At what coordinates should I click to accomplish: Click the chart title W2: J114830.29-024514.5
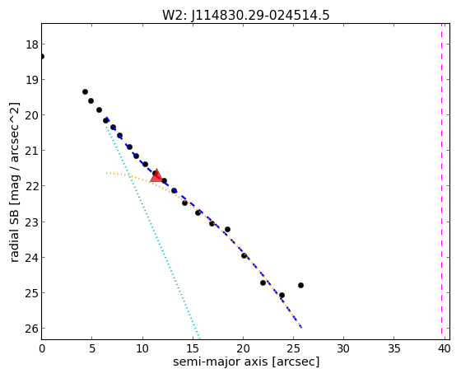pyautogui.click(x=246, y=15)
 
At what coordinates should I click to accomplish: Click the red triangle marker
pyautogui.click(x=156, y=176)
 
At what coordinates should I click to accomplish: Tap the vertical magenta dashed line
pyautogui.click(x=441, y=179)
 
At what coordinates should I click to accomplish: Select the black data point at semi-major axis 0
pyautogui.click(x=42, y=56)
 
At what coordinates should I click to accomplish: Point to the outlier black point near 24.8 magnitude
pyautogui.click(x=300, y=285)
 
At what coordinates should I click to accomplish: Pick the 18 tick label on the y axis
pyautogui.click(x=32, y=44)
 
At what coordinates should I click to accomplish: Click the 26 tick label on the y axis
pyautogui.click(x=32, y=329)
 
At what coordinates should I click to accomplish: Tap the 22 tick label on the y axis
pyautogui.click(x=32, y=186)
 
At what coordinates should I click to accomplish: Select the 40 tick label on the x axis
pyautogui.click(x=444, y=349)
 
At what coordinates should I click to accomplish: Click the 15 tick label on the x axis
pyautogui.click(x=193, y=349)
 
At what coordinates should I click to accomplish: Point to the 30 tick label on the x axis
pyautogui.click(x=343, y=349)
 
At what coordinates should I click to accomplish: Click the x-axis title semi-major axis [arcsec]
pyautogui.click(x=246, y=362)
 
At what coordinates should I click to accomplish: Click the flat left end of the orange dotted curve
pyautogui.click(x=107, y=173)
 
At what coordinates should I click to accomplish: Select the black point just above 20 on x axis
pyautogui.click(x=244, y=255)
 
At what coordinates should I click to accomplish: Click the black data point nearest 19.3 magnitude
pyautogui.click(x=85, y=91)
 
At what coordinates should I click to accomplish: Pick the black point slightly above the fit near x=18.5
pyautogui.click(x=227, y=229)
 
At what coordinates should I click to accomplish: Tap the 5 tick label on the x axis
pyautogui.click(x=92, y=349)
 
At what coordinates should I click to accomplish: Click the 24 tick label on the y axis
pyautogui.click(x=32, y=258)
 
